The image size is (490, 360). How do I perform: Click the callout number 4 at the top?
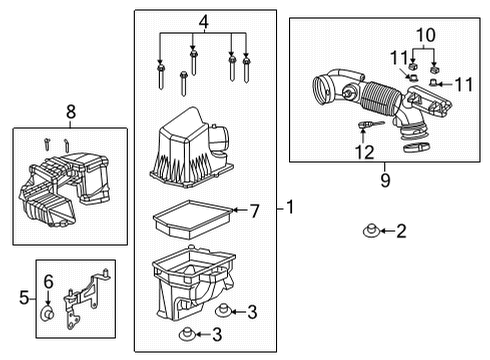coord(204,21)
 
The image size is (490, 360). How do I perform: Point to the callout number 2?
coord(401,232)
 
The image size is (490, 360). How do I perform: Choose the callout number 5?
coord(25,297)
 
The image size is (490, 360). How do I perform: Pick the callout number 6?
coord(46,283)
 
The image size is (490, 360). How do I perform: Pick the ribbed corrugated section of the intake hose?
coord(383,99)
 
